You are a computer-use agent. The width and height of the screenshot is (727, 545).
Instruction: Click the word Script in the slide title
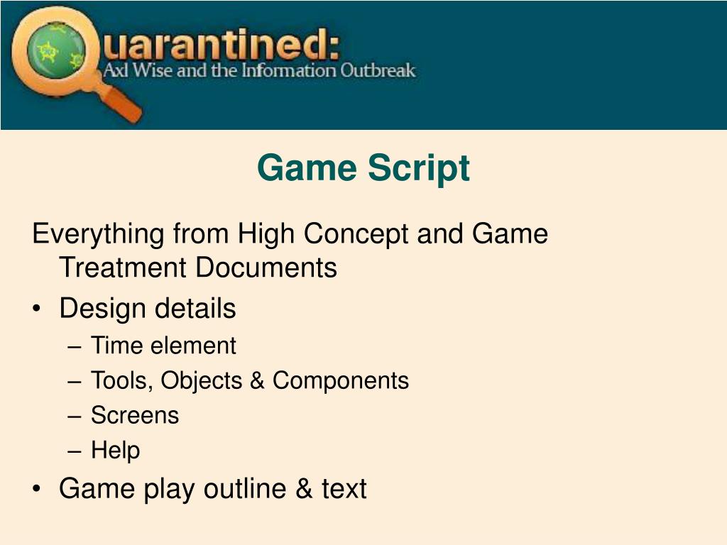(418, 168)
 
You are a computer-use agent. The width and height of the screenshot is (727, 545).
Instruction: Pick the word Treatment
(123, 268)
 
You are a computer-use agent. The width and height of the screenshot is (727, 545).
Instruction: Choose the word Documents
(267, 268)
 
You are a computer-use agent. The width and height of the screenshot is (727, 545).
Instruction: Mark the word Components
(341, 381)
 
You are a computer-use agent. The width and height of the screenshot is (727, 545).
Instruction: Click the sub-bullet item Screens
(135, 415)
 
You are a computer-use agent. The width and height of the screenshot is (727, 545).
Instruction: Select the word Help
(115, 450)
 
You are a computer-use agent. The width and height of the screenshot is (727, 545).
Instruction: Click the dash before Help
(75, 451)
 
